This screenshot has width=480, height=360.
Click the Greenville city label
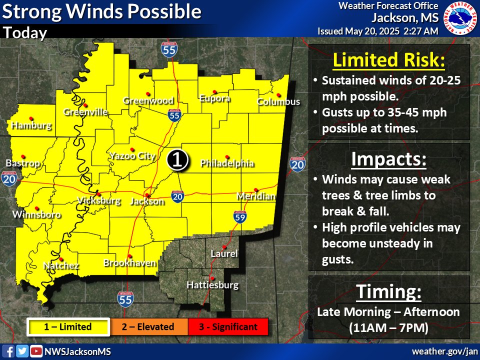click(x=85, y=112)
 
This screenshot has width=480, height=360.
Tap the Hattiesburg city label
click(x=212, y=285)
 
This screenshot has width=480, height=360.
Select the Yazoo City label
click(x=132, y=156)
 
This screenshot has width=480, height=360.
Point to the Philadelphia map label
click(x=227, y=163)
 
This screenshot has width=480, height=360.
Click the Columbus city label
click(x=278, y=102)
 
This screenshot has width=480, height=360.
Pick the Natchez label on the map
click(x=61, y=265)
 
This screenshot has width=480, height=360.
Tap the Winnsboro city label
click(x=36, y=215)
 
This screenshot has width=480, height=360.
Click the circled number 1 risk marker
click(x=177, y=159)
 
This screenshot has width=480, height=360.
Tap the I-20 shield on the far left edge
click(x=9, y=179)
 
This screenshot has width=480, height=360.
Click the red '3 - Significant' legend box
click(x=228, y=327)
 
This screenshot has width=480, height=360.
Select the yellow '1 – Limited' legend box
click(x=68, y=327)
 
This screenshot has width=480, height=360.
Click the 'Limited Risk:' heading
click(x=388, y=60)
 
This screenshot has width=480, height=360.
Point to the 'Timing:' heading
click(x=388, y=292)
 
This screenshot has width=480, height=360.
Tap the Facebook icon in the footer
click(x=9, y=351)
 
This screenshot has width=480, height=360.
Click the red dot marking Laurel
click(x=224, y=247)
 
